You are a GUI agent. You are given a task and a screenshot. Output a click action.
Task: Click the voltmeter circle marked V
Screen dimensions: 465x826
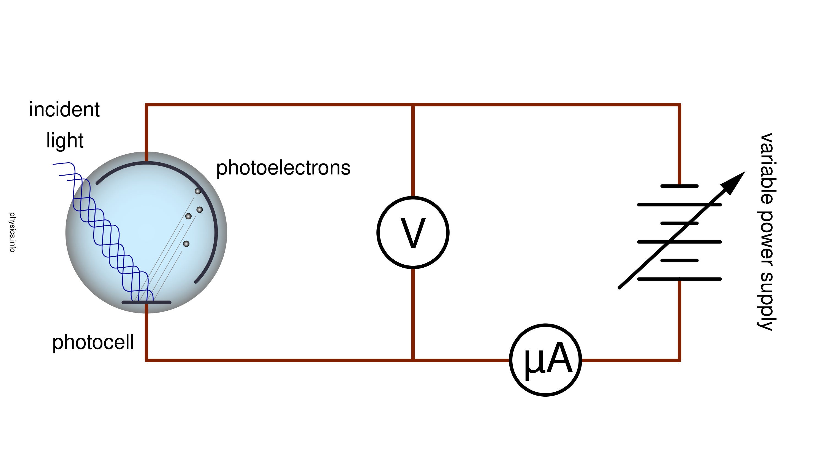click(x=413, y=232)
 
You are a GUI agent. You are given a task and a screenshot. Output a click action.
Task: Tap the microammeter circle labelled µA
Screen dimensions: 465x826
click(x=545, y=360)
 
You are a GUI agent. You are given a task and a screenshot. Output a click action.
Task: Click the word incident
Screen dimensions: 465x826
click(x=64, y=109)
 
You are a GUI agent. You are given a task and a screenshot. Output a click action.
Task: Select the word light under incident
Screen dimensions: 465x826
click(x=65, y=141)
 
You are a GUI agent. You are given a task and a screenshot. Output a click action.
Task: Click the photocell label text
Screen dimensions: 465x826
click(x=93, y=342)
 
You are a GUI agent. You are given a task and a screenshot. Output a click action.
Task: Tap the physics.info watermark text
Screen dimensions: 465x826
click(x=12, y=232)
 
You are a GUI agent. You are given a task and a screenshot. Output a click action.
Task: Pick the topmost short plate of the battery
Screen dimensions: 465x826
click(x=679, y=186)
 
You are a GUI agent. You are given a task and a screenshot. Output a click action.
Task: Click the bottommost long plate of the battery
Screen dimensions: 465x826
click(x=679, y=279)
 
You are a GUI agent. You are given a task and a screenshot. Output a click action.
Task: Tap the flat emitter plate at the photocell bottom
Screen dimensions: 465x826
click(x=146, y=302)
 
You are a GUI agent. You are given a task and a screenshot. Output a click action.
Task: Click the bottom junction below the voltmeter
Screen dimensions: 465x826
click(x=413, y=360)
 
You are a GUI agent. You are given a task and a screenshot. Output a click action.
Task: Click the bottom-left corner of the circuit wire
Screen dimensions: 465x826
click(x=146, y=360)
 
